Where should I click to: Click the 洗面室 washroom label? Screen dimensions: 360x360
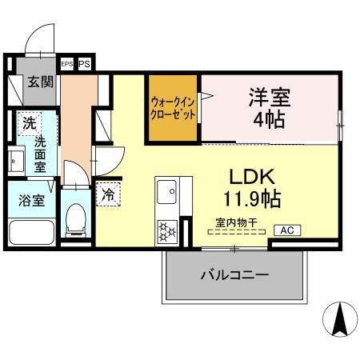tap(40, 154)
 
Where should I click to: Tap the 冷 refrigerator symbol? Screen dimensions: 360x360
tap(106, 194)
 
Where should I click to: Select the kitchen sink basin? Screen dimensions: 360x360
tap(168, 191)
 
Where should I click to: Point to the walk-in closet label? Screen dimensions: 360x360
tap(171, 108)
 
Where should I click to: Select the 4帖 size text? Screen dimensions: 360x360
tap(270, 122)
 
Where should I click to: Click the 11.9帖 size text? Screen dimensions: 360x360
tap(252, 197)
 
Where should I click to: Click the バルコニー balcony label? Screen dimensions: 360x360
tap(234, 274)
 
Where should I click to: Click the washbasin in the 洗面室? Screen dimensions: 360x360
tap(14, 158)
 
